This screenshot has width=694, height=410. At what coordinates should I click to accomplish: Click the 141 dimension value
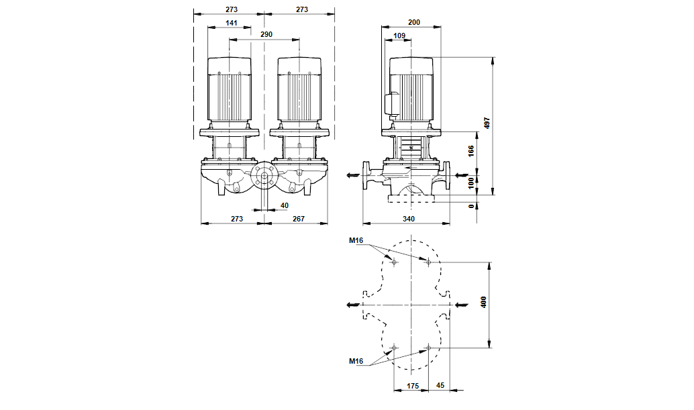tap(231, 23)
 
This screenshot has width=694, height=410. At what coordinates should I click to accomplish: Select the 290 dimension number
tap(266, 34)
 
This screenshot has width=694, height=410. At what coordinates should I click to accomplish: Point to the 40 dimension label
tap(284, 205)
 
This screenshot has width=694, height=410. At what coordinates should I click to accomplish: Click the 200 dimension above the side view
tap(413, 23)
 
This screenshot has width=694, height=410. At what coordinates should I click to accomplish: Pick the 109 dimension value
tap(399, 36)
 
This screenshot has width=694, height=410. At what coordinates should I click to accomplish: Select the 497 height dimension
tap(488, 123)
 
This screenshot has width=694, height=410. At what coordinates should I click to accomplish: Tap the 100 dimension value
tap(471, 181)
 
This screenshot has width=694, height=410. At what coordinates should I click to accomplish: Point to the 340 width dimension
tap(409, 219)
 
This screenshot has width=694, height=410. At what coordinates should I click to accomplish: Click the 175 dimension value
tap(412, 386)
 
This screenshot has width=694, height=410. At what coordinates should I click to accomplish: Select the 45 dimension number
tap(440, 386)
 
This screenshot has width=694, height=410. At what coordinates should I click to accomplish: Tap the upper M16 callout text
tap(356, 240)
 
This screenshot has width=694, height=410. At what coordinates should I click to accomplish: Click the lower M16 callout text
tap(356, 362)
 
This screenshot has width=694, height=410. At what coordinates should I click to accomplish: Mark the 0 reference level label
tap(471, 207)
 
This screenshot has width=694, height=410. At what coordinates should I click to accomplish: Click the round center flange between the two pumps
tap(264, 178)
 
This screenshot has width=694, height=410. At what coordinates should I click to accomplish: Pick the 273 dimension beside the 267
tap(236, 219)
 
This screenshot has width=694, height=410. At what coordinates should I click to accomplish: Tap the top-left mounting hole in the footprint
tap(394, 262)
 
